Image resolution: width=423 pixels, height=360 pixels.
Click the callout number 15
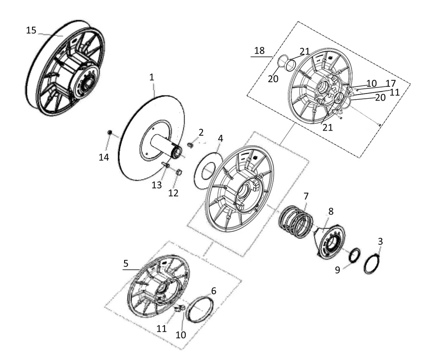[x=31, y=30]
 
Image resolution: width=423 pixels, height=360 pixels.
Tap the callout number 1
[x=152, y=78]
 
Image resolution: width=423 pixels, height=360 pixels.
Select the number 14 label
[x=104, y=157]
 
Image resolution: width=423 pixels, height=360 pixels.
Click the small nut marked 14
[x=110, y=132]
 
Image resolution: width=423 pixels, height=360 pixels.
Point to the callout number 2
[x=201, y=133]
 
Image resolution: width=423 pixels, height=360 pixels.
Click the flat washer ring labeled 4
[x=207, y=171]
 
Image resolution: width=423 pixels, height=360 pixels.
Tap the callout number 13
[x=157, y=185]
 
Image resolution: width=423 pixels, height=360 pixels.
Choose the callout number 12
[x=173, y=193]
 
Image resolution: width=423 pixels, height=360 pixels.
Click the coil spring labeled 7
[x=296, y=222]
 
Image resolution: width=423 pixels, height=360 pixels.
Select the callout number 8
[x=331, y=211]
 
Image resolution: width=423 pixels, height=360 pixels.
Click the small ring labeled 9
[x=354, y=255]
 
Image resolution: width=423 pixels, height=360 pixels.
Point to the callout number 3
[x=380, y=242]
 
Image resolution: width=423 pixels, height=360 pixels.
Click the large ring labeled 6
[x=201, y=309]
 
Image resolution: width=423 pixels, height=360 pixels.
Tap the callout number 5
[x=125, y=263]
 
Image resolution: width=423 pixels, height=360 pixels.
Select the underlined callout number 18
[x=259, y=50]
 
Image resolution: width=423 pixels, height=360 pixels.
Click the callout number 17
[x=391, y=83]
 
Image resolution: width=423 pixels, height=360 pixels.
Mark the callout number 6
[x=213, y=291]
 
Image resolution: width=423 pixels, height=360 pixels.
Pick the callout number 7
[x=305, y=196]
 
